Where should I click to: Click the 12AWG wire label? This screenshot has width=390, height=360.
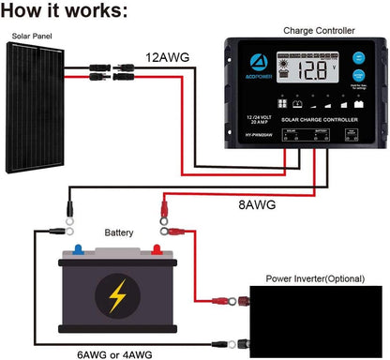point(168,58)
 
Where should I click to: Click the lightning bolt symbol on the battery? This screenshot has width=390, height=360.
point(116,296)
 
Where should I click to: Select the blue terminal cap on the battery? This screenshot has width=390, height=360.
point(77,248)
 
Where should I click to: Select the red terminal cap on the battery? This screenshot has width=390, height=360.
point(157,248)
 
